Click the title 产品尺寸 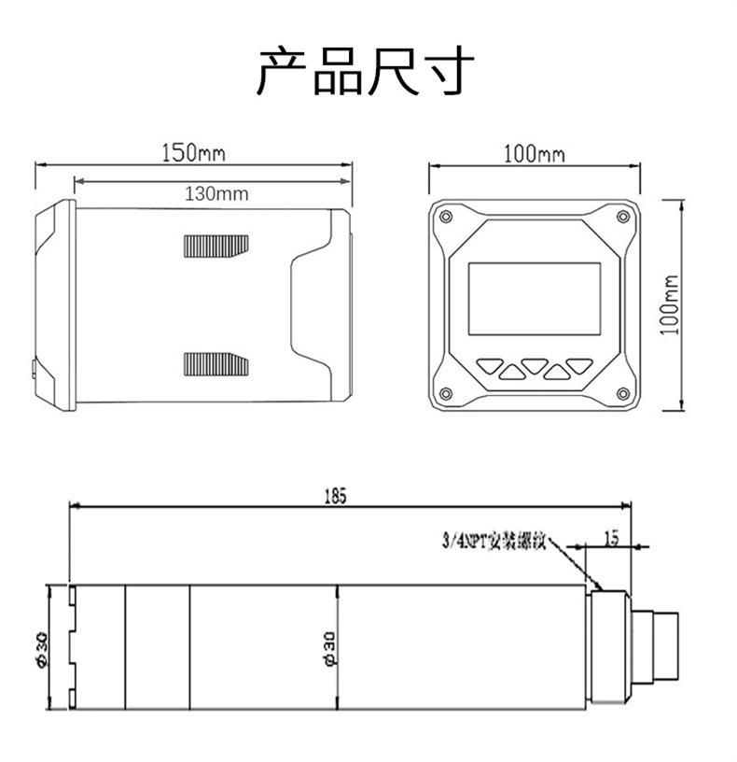[367, 72]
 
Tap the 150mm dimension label [193, 152]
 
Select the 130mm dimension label [216, 194]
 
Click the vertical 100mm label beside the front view [670, 304]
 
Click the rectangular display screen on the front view [534, 299]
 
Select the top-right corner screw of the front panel [621, 217]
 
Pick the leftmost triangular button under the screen [490, 366]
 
